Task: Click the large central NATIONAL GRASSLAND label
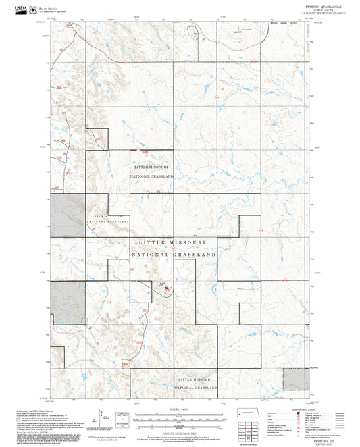[x=174, y=255]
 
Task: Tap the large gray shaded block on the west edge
[x=68, y=215]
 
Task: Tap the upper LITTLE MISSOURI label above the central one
[x=151, y=166]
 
